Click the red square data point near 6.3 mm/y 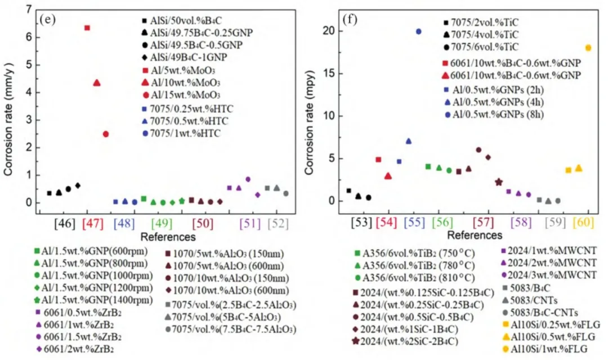87,28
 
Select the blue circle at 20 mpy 418,31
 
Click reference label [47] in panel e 93,223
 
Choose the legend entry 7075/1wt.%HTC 183,133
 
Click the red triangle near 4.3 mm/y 97,83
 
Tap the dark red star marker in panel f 499,182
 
